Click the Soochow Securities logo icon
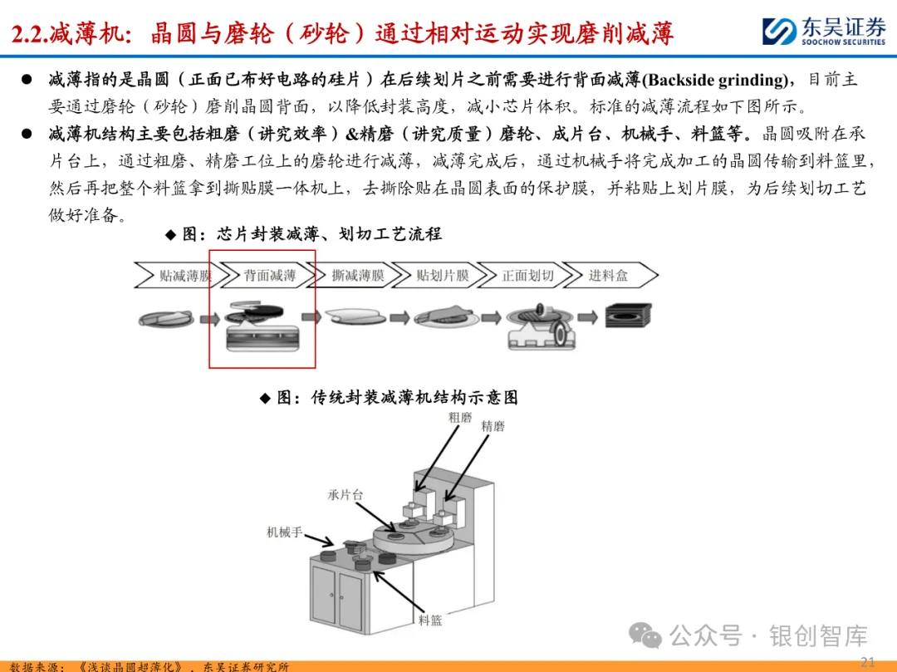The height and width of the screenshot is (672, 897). point(778,31)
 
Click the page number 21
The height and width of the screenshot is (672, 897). point(867,662)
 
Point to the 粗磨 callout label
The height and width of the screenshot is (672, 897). point(460,418)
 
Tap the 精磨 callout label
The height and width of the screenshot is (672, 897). point(493,426)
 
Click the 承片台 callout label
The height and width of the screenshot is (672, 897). point(345,495)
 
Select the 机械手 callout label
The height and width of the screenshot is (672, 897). point(284,532)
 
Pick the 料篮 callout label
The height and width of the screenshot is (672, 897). point(430,620)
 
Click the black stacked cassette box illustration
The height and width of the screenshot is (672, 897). point(628,315)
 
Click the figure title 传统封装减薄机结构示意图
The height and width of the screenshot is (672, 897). point(414,398)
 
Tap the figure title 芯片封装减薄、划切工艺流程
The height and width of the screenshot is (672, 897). point(329,234)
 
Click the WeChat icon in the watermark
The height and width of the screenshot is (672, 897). point(645,635)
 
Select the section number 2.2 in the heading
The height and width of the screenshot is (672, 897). point(29,34)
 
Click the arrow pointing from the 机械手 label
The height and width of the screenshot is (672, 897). point(319,540)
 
